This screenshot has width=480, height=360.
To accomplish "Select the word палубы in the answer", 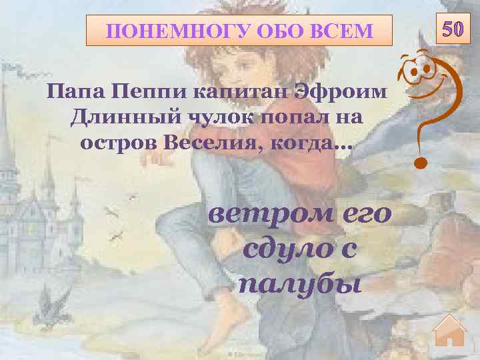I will pos(300,284).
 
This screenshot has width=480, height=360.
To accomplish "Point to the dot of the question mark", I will pos(419,161).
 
